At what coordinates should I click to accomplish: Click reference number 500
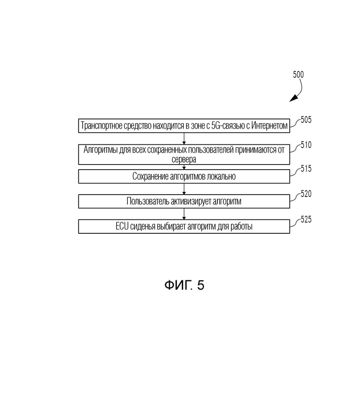point(298,75)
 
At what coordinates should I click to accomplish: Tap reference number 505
point(306,120)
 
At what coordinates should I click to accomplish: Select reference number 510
point(306,145)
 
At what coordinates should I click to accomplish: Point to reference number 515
point(306,169)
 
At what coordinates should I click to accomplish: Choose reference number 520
point(306,194)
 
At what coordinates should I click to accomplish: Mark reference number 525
point(306,219)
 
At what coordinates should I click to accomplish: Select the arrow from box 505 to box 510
point(184,138)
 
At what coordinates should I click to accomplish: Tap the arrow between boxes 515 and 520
point(184,189)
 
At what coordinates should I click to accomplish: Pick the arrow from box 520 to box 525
point(184,214)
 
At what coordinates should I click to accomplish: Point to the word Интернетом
point(270,125)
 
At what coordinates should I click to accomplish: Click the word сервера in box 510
point(184,160)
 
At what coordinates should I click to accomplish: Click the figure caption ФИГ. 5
point(184,285)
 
